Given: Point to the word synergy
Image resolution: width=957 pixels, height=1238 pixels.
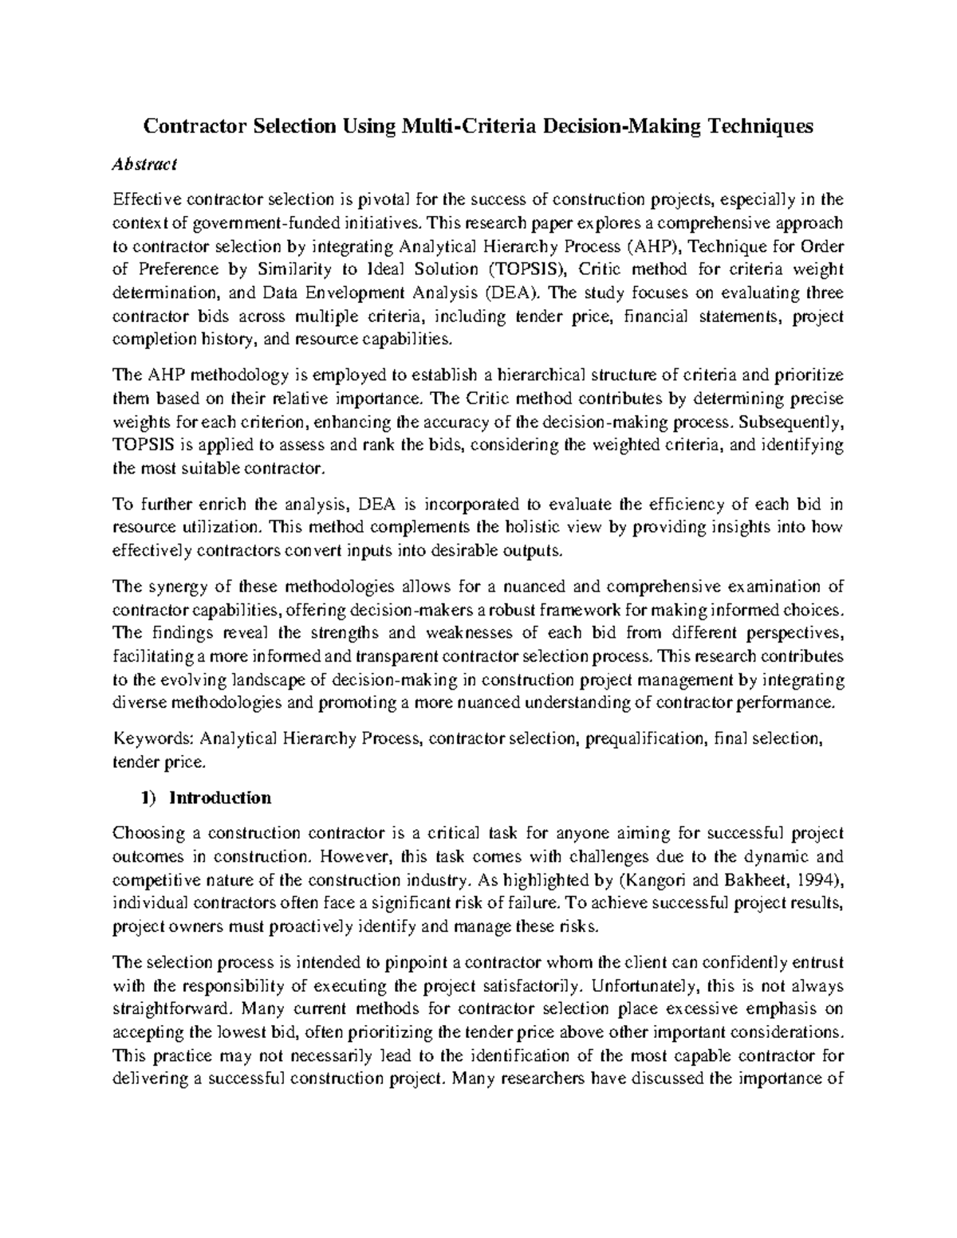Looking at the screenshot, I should pos(179,588).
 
